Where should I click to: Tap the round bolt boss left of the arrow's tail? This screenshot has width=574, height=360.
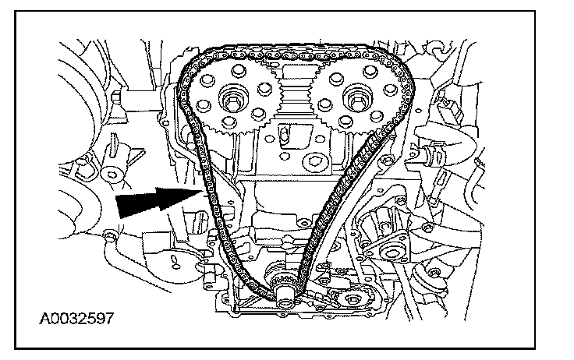tap(108, 233)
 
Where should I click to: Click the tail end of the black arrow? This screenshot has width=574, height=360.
tap(117, 208)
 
